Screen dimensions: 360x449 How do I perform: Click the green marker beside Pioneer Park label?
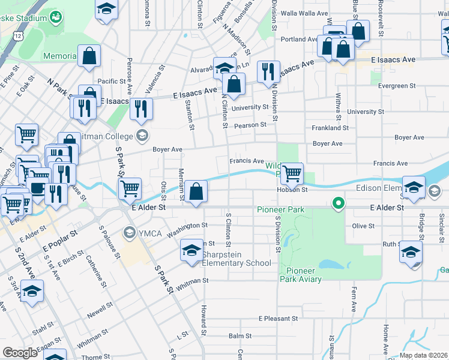tap(339, 204)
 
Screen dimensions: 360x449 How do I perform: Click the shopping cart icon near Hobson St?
tap(292, 173)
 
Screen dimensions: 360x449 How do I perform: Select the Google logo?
tap(20, 353)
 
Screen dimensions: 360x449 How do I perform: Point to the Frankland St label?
tap(330, 128)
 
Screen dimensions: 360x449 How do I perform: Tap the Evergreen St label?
tap(388, 86)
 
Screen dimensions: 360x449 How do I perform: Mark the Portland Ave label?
tap(298, 40)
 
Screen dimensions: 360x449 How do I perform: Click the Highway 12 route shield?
tap(20, 37)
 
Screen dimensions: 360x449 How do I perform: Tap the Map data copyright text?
tap(424, 355)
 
